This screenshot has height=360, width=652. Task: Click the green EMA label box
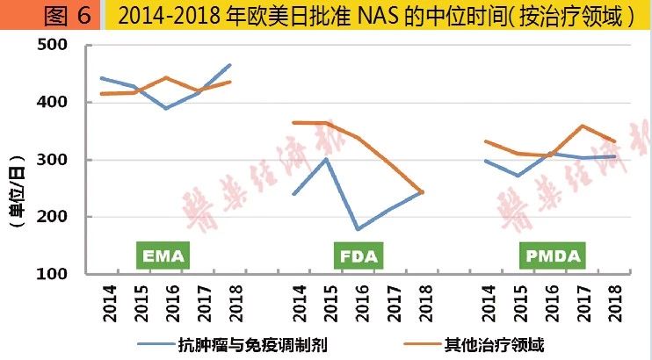coord(163,256)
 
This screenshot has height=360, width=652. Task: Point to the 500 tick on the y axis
coord(54,46)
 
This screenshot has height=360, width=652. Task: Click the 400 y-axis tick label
coord(54,103)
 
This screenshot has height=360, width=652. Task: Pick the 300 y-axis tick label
coord(54,160)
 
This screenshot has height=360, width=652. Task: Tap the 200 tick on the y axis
coord(54,217)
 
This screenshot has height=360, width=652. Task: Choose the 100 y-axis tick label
coord(54,274)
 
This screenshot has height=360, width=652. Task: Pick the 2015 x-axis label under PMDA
coord(518,303)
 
